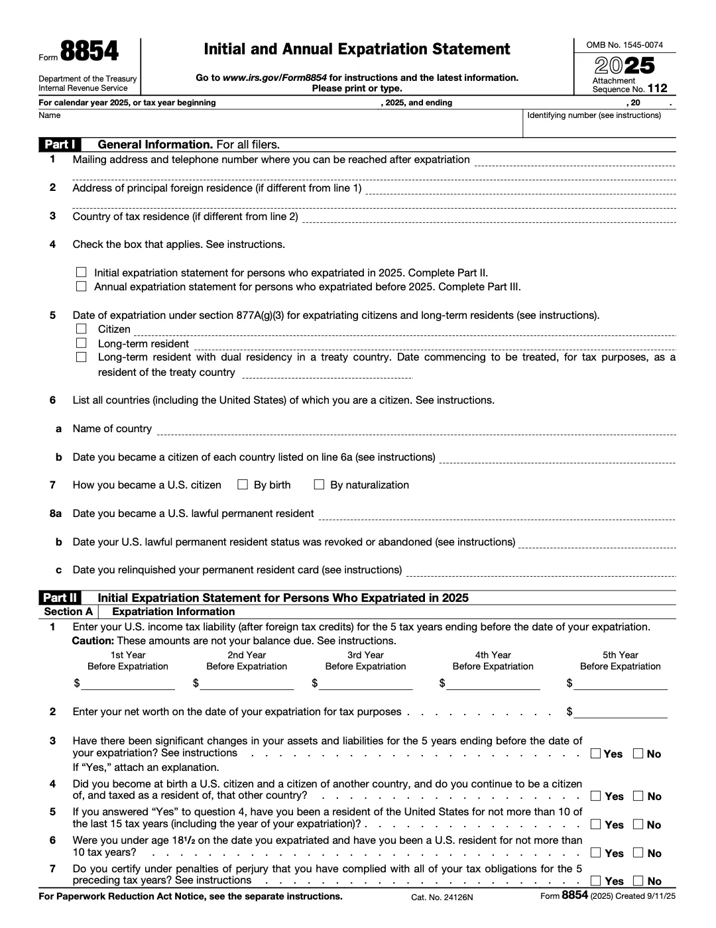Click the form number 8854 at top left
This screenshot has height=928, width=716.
point(89,52)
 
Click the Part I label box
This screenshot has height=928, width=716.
point(60,145)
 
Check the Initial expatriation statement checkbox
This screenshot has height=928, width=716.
point(82,272)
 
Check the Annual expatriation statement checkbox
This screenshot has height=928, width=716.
point(82,287)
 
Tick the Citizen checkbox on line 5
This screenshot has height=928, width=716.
point(82,329)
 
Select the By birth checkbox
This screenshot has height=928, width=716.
point(243,485)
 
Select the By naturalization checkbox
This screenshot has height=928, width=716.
point(319,485)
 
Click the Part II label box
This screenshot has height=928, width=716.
point(60,598)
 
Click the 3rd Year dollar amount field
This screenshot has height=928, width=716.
point(366,683)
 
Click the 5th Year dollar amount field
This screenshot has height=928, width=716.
point(621,683)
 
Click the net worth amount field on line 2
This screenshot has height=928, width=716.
point(621,712)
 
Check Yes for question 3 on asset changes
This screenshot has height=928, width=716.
point(596,754)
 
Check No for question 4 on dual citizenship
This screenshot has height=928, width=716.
point(638,796)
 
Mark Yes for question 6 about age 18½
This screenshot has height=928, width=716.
point(596,853)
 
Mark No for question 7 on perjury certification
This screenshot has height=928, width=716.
point(638,881)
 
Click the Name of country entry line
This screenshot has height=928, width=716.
point(416,429)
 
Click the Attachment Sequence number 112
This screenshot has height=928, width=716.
point(658,88)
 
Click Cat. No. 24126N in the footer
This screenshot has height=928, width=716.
point(442,897)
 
